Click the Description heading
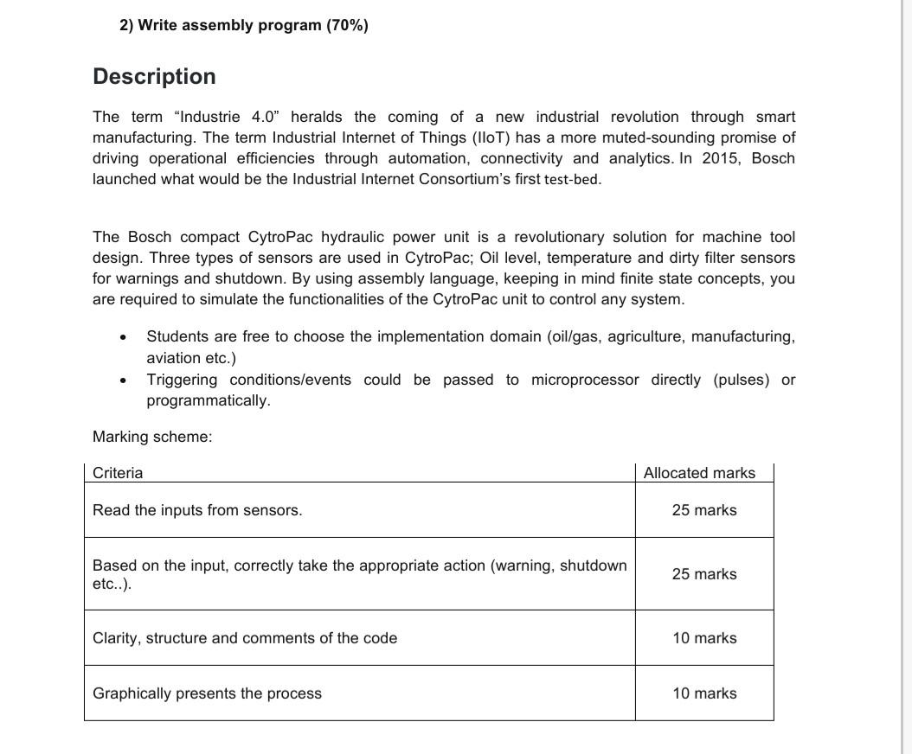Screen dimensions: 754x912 point(154,77)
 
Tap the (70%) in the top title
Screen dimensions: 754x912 point(346,25)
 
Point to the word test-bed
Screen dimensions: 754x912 point(572,180)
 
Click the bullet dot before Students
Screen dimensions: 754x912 point(125,337)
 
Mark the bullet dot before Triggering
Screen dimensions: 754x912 point(125,380)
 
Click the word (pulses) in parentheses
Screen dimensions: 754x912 point(741,380)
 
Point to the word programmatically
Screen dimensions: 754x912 point(208,400)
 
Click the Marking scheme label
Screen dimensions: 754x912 point(152,437)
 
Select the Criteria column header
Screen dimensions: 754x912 point(118,473)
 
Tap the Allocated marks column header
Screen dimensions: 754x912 point(699,473)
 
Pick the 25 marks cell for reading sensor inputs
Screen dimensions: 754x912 point(704,510)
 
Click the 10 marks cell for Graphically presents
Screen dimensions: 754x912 point(704,693)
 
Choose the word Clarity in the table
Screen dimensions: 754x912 point(117,638)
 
